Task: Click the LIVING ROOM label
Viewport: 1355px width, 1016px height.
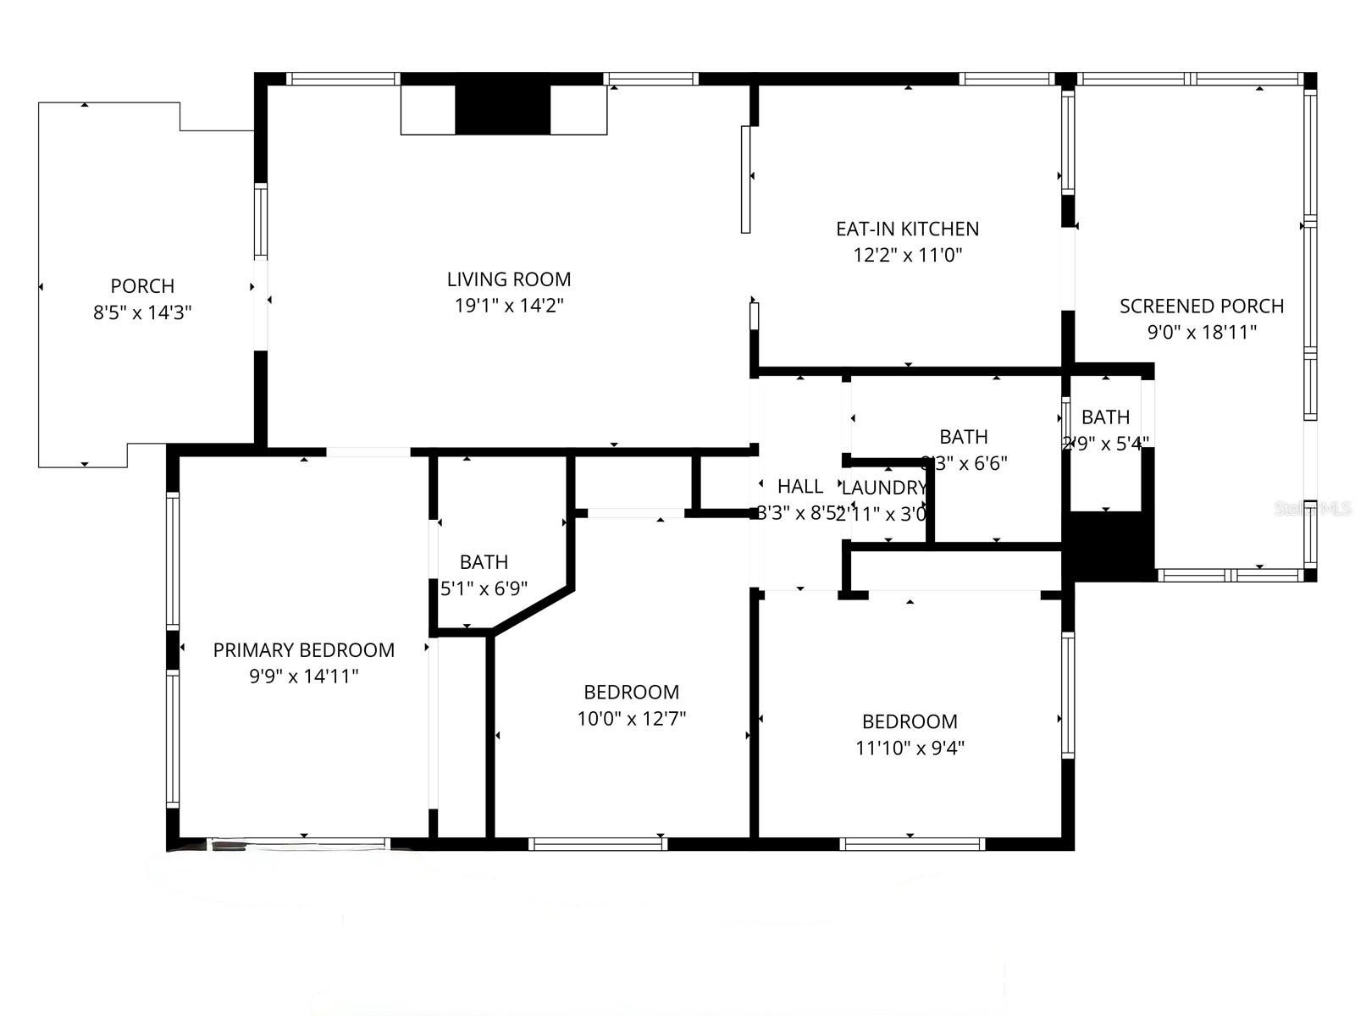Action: point(509,279)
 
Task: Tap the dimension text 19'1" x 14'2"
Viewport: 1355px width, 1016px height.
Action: point(509,305)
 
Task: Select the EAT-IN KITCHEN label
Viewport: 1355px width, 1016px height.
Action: point(907,229)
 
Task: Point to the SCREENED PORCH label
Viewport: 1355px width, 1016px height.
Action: point(1201,306)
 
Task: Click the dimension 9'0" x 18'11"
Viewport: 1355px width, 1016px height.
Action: point(1201,332)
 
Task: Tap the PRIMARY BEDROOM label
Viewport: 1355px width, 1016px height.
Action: point(303,649)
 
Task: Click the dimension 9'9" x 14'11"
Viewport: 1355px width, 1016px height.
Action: point(303,676)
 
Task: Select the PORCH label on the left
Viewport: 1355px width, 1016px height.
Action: point(142,286)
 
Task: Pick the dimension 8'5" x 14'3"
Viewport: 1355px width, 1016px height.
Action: point(142,312)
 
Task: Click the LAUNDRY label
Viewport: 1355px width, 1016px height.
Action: point(884,488)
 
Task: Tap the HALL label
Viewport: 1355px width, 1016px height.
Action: point(799,486)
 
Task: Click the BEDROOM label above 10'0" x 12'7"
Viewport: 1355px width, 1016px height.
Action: point(631,692)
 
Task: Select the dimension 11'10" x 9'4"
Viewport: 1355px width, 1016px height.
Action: point(910,748)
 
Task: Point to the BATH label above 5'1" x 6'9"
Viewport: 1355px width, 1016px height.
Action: point(484,561)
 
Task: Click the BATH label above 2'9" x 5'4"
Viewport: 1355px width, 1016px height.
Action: point(1105,417)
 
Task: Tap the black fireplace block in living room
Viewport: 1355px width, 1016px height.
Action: point(503,109)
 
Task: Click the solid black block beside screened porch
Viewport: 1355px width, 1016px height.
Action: point(1109,546)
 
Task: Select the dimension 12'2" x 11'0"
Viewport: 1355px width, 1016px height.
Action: point(907,255)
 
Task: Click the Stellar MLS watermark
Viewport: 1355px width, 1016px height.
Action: point(1313,508)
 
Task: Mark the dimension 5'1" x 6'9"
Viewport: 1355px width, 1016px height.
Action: point(484,588)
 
